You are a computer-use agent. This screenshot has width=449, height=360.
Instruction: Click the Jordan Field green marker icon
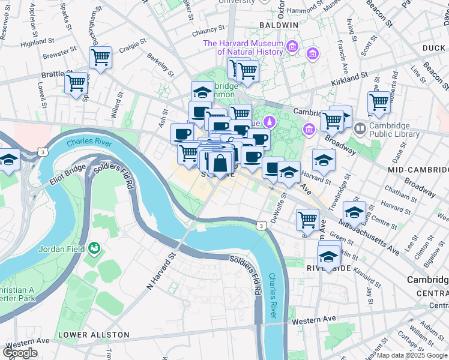(94, 248)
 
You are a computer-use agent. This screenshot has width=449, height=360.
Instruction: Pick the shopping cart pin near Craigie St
(100, 58)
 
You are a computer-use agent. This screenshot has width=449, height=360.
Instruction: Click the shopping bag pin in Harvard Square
(221, 163)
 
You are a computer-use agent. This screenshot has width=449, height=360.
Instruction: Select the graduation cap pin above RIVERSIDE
(328, 257)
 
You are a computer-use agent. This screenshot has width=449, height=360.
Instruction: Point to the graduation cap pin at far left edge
(8, 161)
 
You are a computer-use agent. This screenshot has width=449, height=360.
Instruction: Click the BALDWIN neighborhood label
(280, 25)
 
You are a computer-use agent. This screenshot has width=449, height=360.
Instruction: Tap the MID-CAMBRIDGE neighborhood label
(417, 170)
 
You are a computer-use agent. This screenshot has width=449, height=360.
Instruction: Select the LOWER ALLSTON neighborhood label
(93, 334)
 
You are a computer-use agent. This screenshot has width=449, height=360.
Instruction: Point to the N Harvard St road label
(160, 272)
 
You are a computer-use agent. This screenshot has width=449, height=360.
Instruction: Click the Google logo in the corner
(20, 353)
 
